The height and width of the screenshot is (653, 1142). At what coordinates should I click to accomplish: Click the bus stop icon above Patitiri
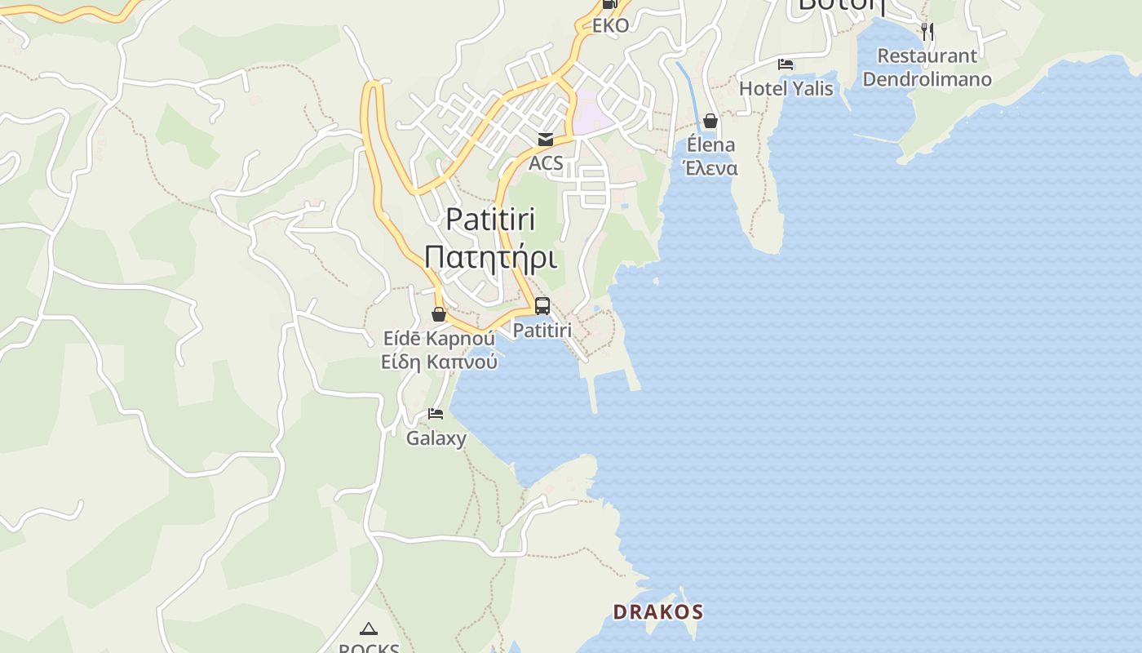(542, 306)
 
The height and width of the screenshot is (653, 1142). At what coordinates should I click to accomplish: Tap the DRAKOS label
(657, 611)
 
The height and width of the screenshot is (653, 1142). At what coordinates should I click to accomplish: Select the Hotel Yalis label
(786, 88)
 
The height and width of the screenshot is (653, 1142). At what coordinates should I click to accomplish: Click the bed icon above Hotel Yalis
(786, 64)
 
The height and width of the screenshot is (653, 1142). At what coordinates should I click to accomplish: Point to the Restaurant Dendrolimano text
(927, 68)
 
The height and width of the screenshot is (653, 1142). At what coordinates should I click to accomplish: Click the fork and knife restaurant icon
(927, 32)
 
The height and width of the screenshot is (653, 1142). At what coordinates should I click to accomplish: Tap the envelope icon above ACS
(545, 140)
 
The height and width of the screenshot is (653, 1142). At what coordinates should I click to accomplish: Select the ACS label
(546, 162)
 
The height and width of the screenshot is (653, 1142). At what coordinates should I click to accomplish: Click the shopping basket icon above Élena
(710, 121)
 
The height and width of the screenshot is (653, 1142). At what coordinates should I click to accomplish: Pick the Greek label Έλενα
(710, 168)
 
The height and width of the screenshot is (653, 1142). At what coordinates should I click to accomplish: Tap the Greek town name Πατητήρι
(490, 257)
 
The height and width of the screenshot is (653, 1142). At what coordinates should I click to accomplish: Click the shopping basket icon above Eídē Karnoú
(439, 314)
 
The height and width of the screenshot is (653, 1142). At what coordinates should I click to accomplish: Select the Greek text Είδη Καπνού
(439, 361)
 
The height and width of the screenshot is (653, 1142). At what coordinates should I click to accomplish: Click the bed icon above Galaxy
(436, 414)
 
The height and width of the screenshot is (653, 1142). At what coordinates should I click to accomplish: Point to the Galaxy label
(436, 438)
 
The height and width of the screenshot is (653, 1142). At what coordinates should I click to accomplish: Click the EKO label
(610, 25)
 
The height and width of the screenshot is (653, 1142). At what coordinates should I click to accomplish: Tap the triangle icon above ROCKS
(369, 629)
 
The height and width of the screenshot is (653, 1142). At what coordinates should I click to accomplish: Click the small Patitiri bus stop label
(542, 331)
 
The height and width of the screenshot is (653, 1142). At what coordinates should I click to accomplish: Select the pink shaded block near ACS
(591, 114)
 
